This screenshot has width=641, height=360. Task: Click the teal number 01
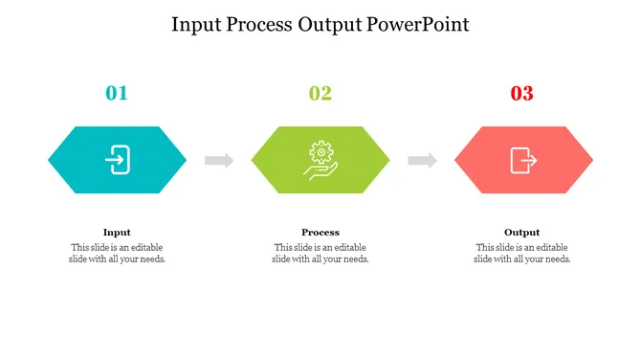tap(117, 93)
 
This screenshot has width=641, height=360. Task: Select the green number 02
tap(320, 93)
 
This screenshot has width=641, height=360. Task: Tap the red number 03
tap(521, 93)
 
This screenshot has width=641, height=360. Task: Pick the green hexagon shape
tap(277, 160)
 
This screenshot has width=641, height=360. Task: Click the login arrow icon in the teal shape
tap(117, 159)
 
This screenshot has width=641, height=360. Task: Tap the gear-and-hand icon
tap(320, 159)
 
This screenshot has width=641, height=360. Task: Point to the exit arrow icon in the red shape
tap(522, 159)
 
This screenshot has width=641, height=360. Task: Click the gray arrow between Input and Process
tap(219, 160)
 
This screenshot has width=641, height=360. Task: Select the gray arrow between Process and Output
tap(422, 160)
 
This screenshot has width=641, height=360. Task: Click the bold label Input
tap(117, 232)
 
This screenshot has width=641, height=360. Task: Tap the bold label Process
tap(320, 232)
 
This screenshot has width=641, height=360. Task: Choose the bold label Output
tap(522, 232)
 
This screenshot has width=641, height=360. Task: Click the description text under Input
tap(117, 253)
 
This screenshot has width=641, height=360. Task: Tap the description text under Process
tap(320, 253)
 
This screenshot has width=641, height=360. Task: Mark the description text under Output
tap(522, 253)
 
